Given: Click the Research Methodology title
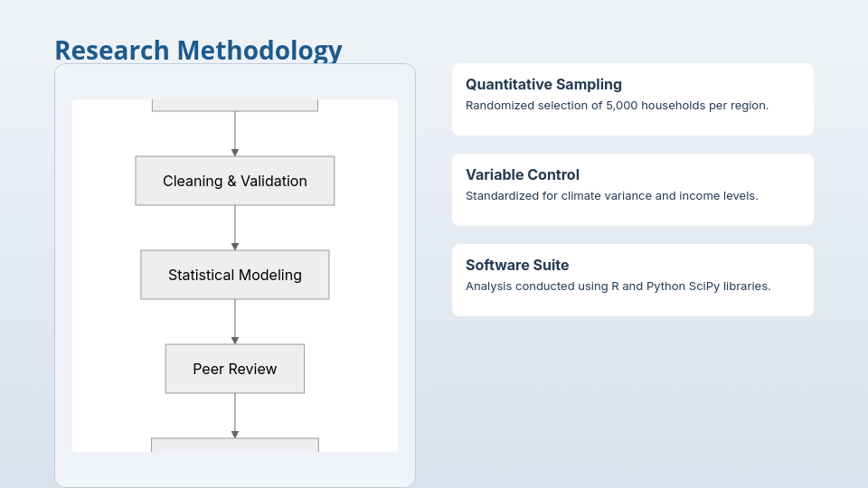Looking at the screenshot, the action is (198, 51).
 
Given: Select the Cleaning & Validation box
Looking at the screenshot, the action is (235, 181).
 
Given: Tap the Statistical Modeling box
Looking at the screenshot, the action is (235, 275).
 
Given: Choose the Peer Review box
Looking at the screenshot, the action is (235, 369).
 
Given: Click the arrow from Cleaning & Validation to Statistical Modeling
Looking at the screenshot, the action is (235, 228).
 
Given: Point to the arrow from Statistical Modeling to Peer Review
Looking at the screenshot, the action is (235, 322).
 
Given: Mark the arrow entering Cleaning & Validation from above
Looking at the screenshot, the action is (235, 134).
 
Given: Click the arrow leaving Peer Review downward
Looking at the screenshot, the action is (235, 416).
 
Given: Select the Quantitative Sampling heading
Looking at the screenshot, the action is (543, 85).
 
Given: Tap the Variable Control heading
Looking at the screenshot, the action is (523, 174).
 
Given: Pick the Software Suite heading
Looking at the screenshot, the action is (517, 265).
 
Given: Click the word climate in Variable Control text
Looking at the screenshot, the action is (581, 196).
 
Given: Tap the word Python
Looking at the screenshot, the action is (665, 286).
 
